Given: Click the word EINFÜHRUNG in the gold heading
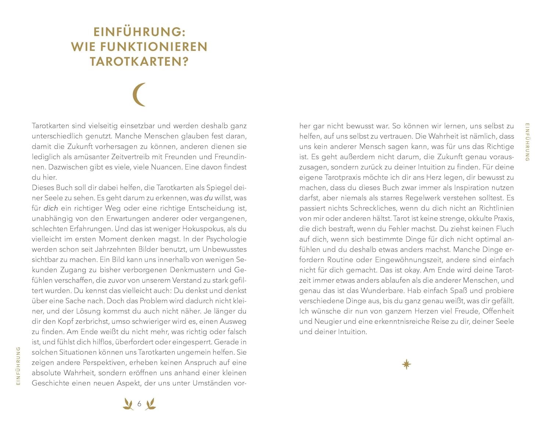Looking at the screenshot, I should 137,32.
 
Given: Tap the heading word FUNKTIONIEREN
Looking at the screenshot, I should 154,47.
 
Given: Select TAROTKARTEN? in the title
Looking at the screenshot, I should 139,61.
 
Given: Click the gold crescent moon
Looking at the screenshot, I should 139,95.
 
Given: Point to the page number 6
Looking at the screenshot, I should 139,404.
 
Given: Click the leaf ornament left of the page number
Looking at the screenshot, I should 128,404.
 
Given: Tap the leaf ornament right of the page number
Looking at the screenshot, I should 151,404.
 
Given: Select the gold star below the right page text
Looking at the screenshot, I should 406,365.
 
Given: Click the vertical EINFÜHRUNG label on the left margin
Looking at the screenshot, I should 18,366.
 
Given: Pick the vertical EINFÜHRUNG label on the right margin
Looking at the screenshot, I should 527,142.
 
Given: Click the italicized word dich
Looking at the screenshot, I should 51,208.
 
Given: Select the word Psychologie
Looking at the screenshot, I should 226,239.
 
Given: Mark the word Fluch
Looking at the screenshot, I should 505,229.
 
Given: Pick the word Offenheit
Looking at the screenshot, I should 498,311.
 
